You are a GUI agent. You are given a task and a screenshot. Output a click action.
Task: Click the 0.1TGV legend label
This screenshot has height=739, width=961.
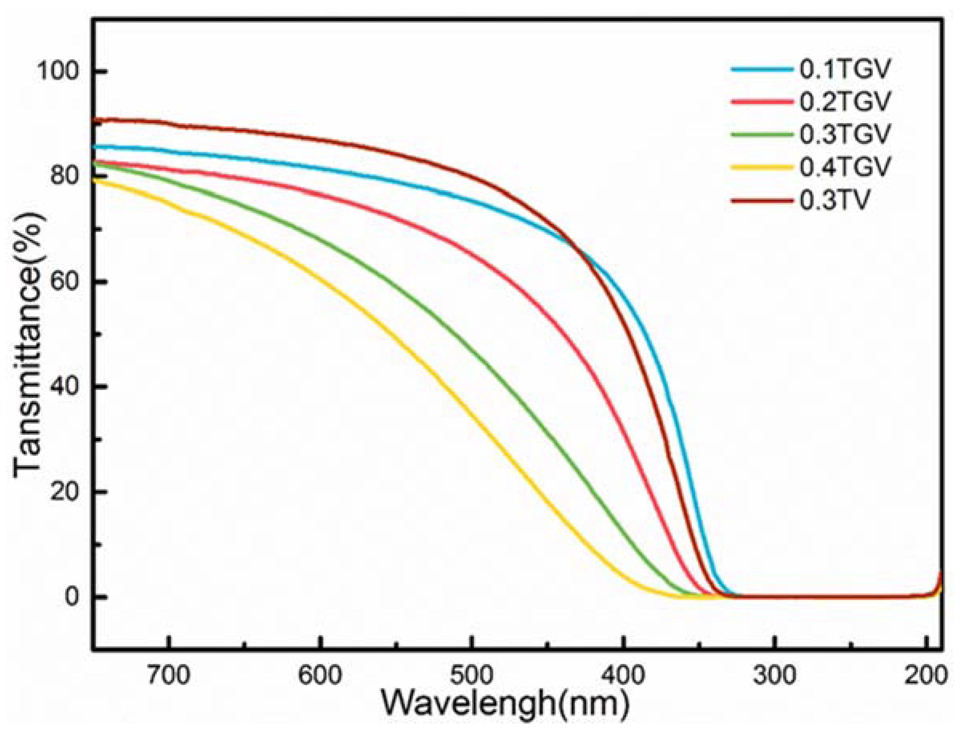click(x=844, y=70)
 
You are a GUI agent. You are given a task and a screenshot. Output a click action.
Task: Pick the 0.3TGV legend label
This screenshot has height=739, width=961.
click(x=844, y=134)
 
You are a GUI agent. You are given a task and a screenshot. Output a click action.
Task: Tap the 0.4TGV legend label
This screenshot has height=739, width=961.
click(x=844, y=167)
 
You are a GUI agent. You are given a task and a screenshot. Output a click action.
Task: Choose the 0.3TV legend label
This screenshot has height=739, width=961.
click(x=835, y=200)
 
